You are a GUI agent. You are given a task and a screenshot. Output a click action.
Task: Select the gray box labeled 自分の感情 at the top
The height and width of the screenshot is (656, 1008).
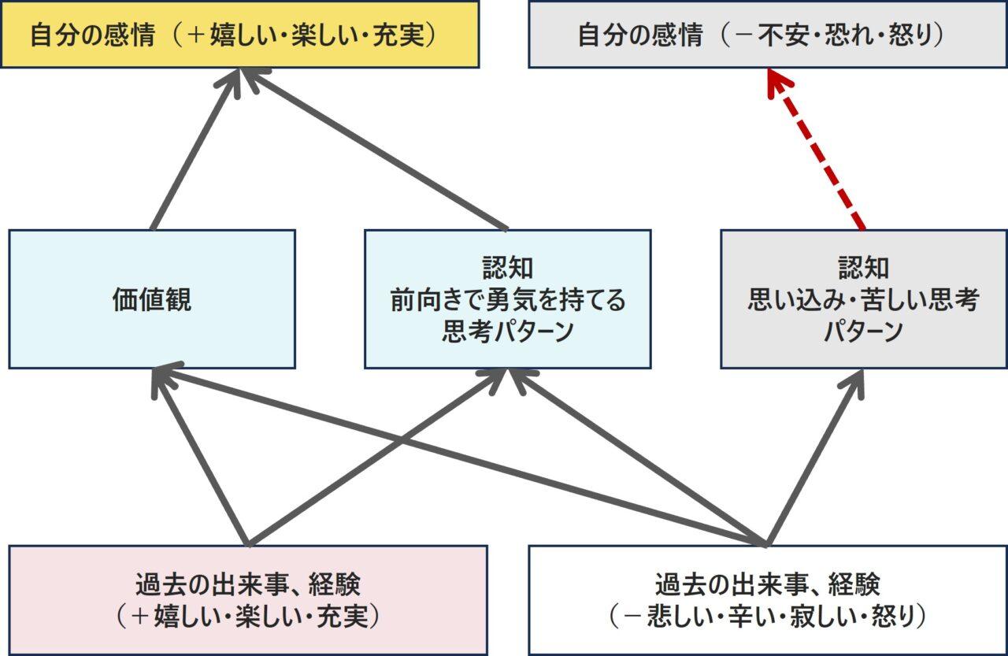[767, 35]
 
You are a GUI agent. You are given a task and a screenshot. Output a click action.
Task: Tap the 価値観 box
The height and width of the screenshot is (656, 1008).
[152, 299]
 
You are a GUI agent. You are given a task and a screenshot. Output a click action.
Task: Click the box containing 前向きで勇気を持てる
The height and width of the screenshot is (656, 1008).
[508, 299]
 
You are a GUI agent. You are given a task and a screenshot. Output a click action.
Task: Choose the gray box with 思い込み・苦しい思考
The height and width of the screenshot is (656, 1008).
[863, 299]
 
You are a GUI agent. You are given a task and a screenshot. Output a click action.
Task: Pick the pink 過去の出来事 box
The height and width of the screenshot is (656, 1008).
[248, 599]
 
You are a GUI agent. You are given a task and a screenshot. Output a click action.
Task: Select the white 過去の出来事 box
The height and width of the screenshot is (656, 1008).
[767, 599]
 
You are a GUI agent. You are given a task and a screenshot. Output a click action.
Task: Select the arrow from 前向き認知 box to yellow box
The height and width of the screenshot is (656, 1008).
[378, 150]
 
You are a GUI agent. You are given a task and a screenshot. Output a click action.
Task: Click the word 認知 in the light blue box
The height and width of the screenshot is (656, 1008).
[508, 268]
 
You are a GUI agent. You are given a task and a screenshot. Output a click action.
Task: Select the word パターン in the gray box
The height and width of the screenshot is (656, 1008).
[863, 332]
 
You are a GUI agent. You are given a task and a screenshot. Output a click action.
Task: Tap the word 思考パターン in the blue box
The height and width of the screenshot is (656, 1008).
[508, 332]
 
